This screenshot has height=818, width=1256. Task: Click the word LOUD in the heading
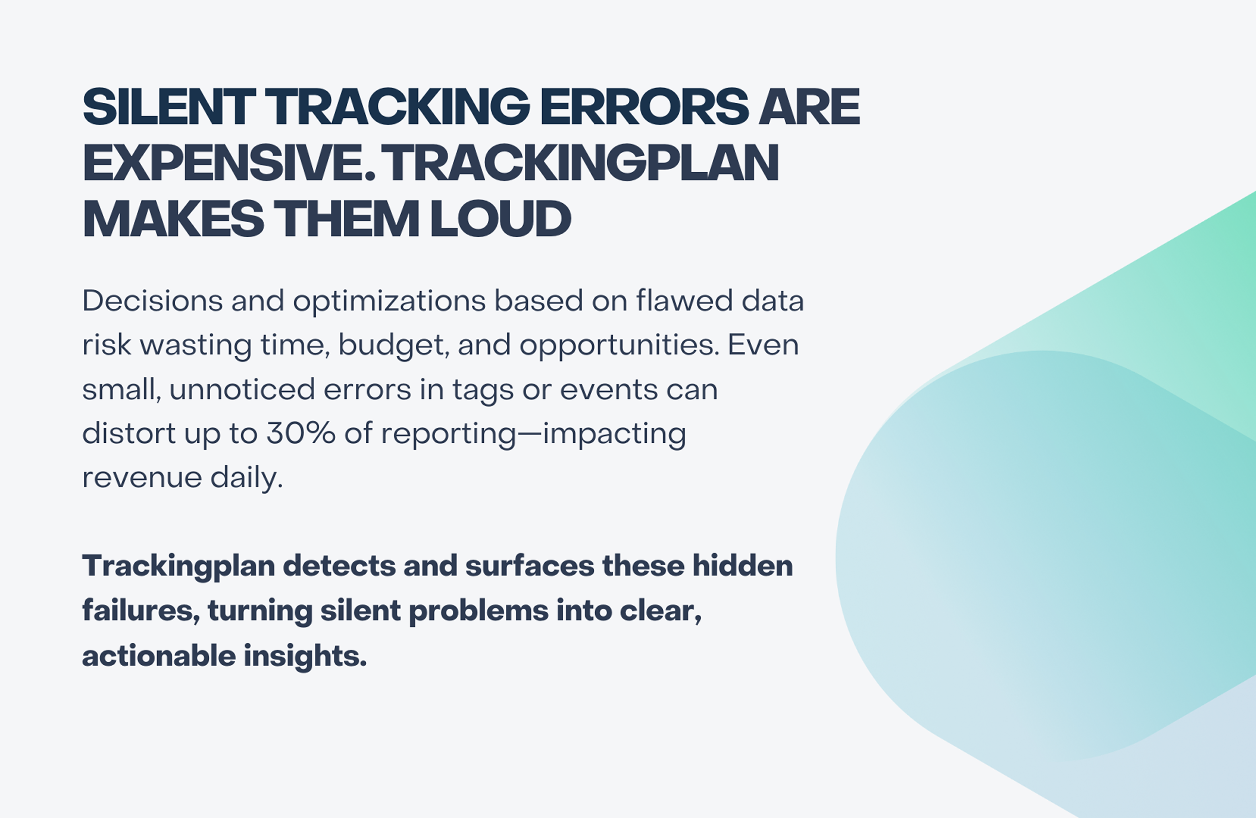(501, 218)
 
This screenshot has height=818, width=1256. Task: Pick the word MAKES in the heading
(173, 218)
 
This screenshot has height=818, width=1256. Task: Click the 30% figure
(301, 434)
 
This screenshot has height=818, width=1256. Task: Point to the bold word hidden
(742, 566)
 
